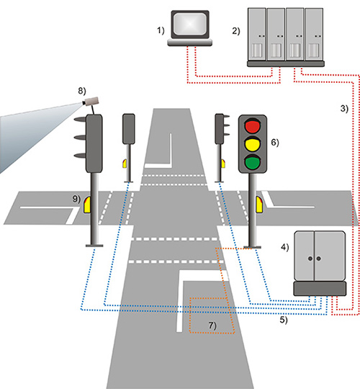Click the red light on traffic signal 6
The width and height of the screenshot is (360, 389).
(x=253, y=125)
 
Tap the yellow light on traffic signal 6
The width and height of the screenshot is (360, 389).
(x=253, y=144)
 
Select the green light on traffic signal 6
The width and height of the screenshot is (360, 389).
(x=253, y=162)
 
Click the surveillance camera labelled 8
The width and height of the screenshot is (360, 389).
(x=91, y=102)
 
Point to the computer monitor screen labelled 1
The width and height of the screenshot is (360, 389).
(x=189, y=24)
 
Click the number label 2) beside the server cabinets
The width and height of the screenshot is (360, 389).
(x=236, y=31)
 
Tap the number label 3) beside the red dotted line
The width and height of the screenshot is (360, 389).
(x=344, y=108)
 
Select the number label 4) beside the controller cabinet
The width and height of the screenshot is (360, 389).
(x=285, y=247)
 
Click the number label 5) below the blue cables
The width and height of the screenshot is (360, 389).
(x=284, y=320)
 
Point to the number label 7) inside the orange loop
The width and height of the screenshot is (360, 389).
(x=212, y=326)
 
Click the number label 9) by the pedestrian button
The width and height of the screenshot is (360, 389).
(x=76, y=199)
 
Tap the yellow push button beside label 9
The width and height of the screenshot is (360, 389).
(x=87, y=205)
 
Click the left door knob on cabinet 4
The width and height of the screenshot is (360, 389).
(x=310, y=259)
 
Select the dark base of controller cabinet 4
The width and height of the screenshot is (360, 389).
(x=320, y=289)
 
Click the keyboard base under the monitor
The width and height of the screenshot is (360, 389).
(x=190, y=43)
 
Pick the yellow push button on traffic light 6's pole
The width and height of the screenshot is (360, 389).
(x=259, y=205)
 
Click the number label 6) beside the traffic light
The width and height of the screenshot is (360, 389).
(x=275, y=143)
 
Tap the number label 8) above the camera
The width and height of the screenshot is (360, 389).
(x=82, y=91)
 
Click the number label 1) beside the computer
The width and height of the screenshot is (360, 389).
(x=161, y=30)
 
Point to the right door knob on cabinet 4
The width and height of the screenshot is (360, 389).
(x=318, y=259)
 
